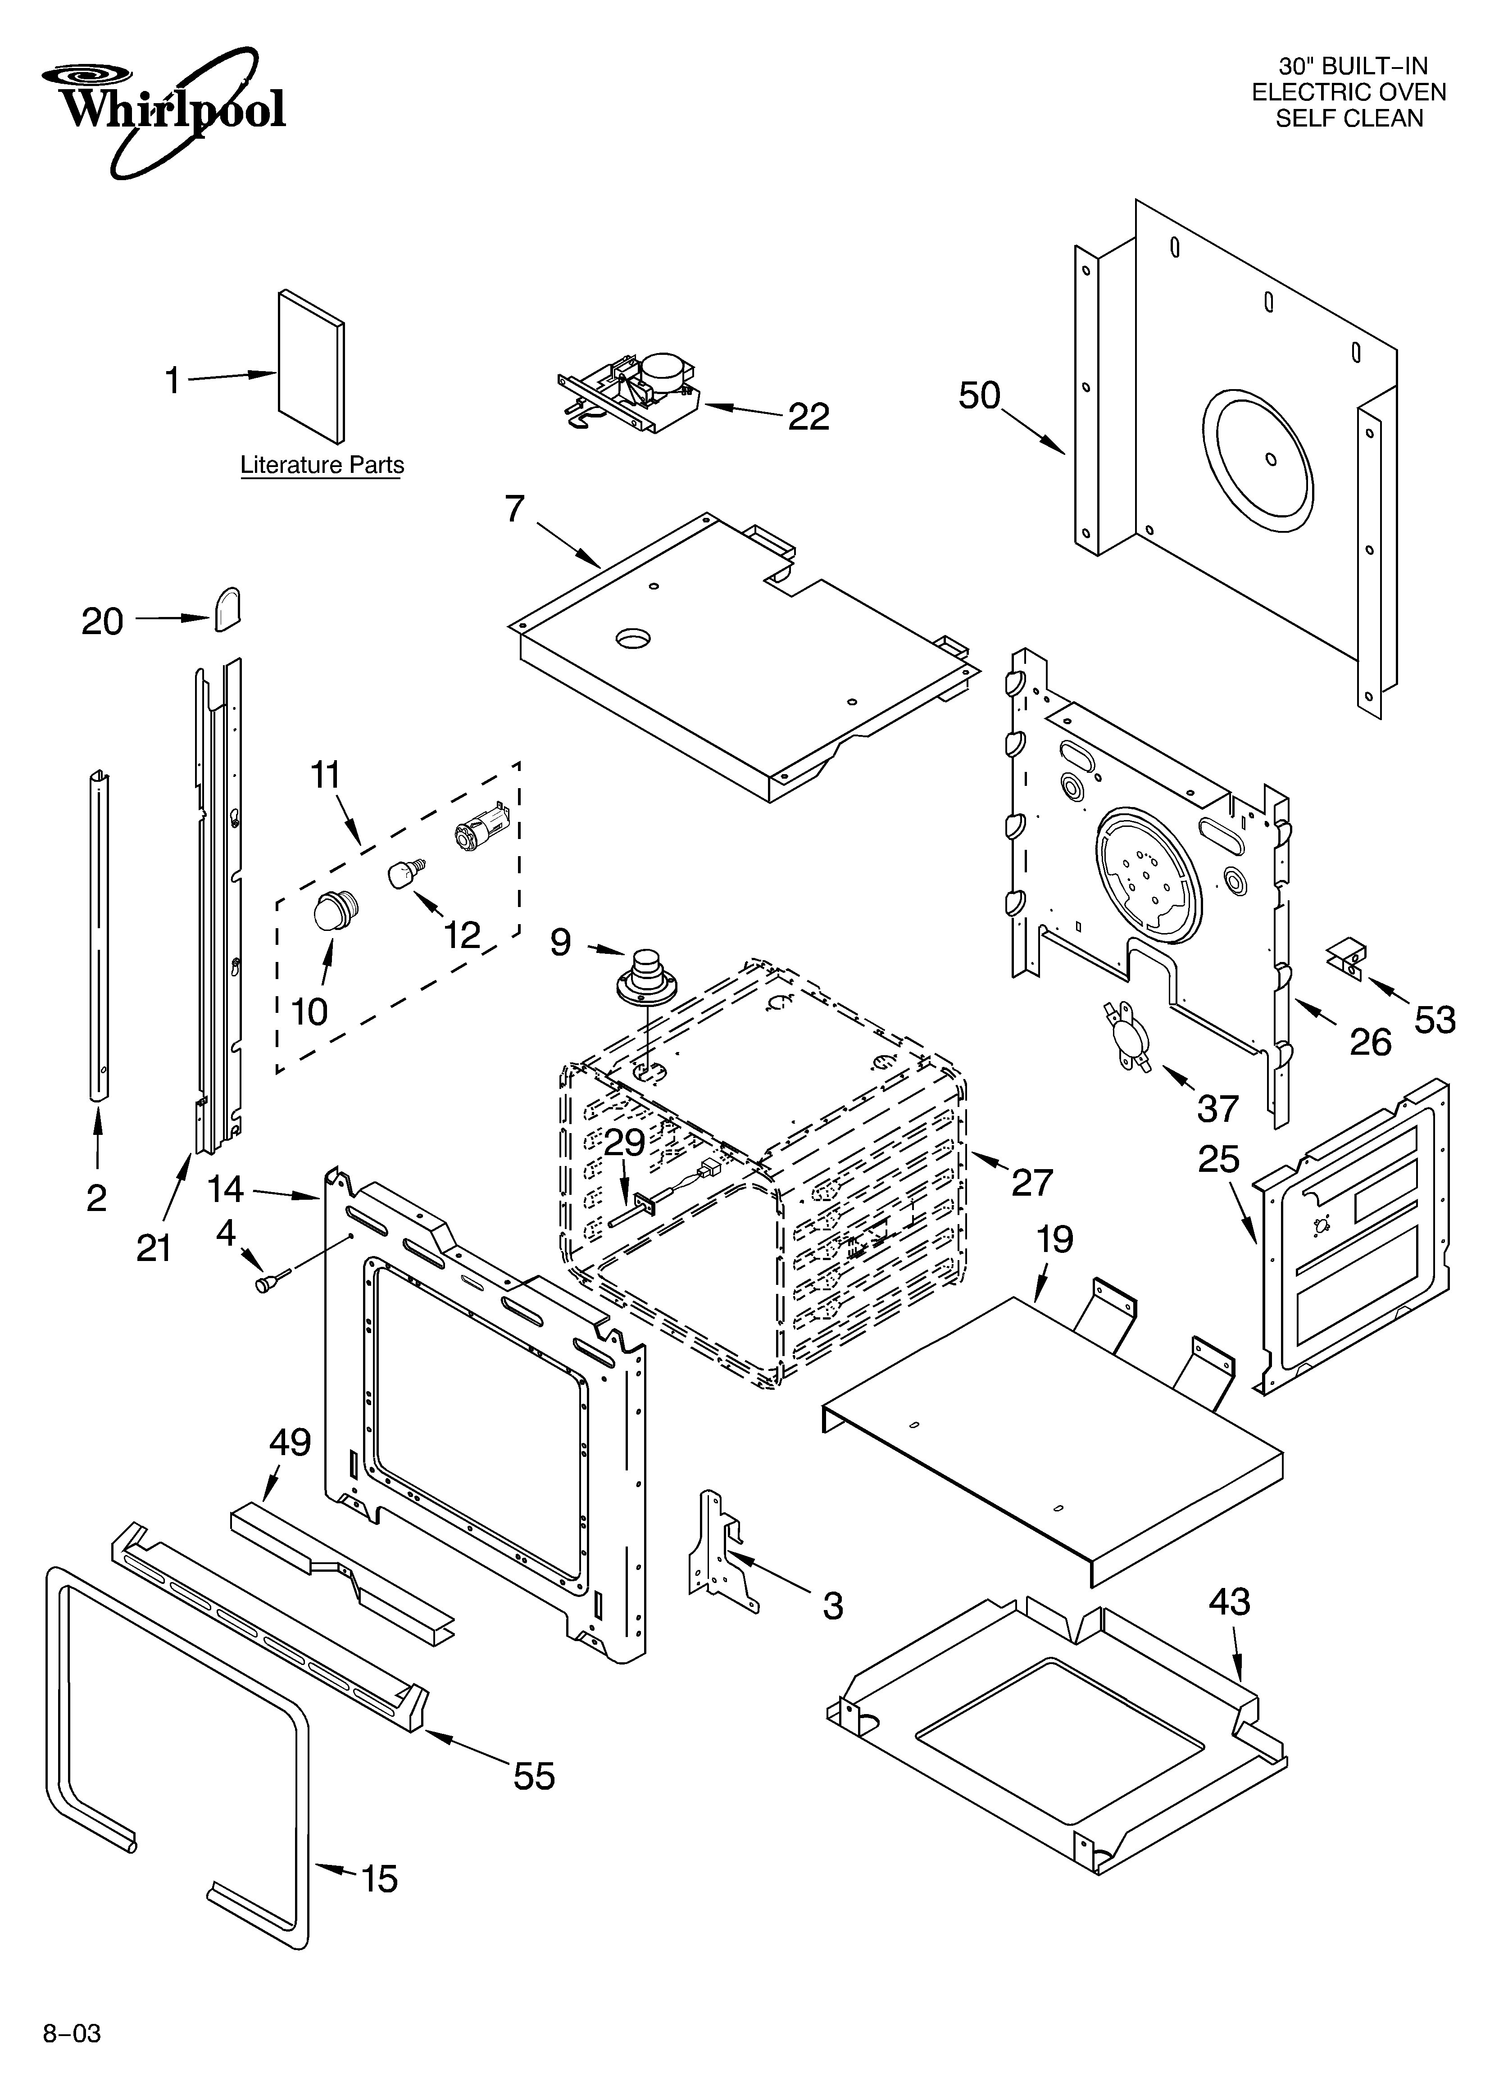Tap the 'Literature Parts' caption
pos(322,465)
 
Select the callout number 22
pos(808,417)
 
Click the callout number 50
pos(979,396)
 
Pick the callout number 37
pos(1218,1109)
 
